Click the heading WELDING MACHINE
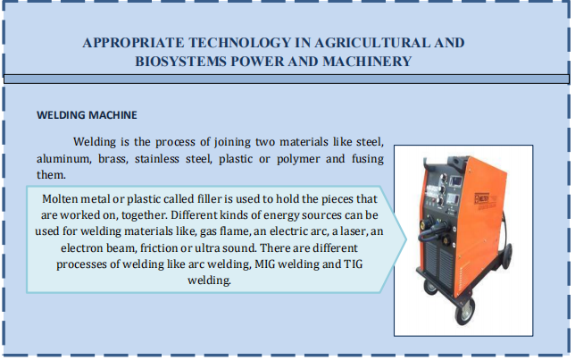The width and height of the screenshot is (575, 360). click(x=87, y=115)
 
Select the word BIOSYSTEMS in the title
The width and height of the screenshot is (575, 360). click(x=180, y=62)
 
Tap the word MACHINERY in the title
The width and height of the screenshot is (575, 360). click(x=367, y=62)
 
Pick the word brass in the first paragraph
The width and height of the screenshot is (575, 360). click(x=112, y=158)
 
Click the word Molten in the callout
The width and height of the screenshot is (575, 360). click(x=60, y=199)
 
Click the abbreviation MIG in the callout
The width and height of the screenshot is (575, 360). click(x=265, y=264)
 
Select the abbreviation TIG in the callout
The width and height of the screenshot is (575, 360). click(x=354, y=264)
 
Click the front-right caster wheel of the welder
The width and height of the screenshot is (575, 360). click(x=464, y=313)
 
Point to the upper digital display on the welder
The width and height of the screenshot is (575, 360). click(x=456, y=181)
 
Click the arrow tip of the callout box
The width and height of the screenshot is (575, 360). click(x=406, y=239)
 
